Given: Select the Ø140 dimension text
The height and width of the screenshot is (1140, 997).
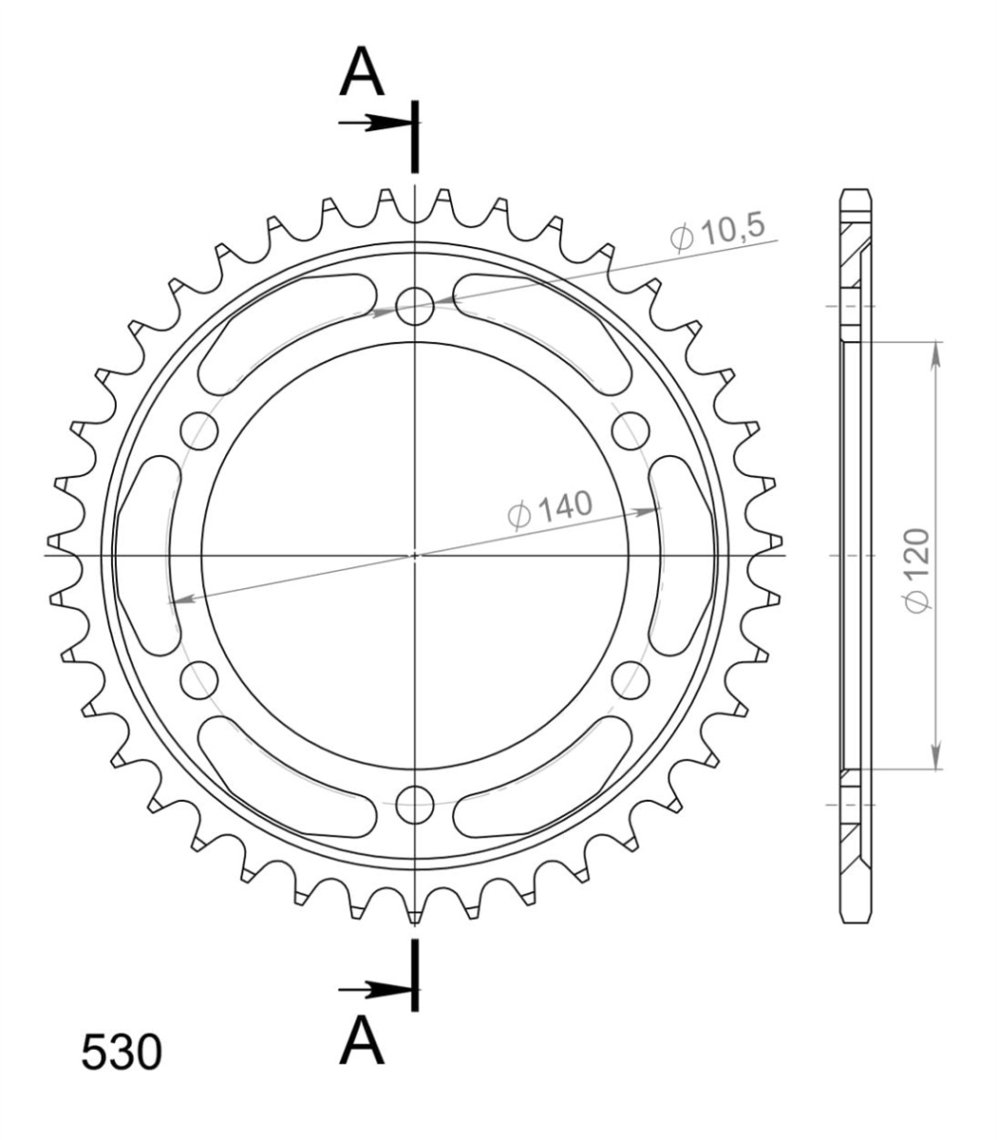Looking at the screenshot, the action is click(550, 507).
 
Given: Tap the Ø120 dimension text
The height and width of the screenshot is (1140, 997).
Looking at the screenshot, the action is click(917, 570).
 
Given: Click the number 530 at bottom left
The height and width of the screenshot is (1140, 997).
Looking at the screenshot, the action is click(122, 1052).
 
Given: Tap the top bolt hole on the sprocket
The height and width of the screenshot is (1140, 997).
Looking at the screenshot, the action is click(414, 306).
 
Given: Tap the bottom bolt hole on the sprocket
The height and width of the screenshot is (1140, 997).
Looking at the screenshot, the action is click(414, 805).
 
